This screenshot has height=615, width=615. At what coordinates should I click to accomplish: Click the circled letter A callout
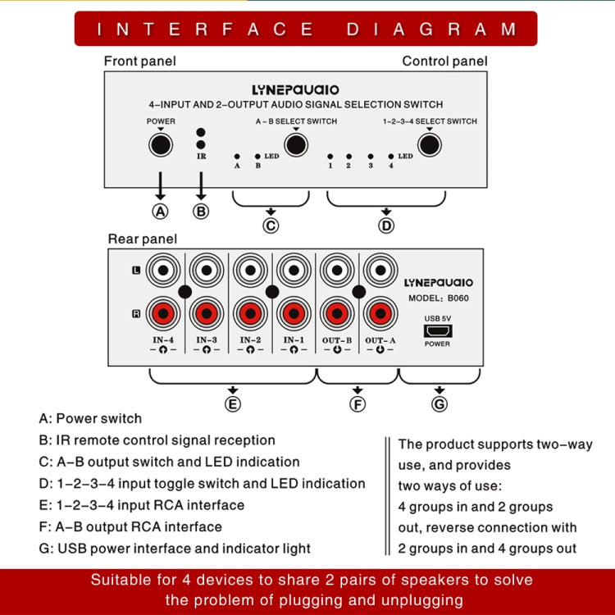click(x=161, y=211)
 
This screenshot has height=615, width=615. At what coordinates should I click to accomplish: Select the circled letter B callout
click(x=200, y=211)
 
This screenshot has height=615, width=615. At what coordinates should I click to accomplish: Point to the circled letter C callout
click(x=271, y=226)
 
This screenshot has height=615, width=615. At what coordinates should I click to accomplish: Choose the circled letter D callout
click(x=387, y=226)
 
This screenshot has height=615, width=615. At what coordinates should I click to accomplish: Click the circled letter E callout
click(x=233, y=403)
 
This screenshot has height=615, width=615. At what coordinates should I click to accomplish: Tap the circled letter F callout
click(x=358, y=403)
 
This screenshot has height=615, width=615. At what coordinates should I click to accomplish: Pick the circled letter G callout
click(x=440, y=403)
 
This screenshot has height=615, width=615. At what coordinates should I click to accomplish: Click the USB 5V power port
click(x=436, y=330)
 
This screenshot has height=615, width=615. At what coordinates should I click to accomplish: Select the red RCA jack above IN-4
click(x=163, y=312)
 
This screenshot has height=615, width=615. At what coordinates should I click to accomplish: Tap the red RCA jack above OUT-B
click(x=336, y=312)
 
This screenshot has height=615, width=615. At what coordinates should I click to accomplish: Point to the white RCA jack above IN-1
click(x=293, y=270)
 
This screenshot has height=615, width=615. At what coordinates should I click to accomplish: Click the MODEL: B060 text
click(x=439, y=298)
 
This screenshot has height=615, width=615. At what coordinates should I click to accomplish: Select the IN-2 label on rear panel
click(x=251, y=339)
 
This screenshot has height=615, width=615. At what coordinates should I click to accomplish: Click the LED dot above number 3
click(x=370, y=155)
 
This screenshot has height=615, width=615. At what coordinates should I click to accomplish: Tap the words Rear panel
click(x=142, y=239)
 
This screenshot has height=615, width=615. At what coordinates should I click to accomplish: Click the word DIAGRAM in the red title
click(x=432, y=30)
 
